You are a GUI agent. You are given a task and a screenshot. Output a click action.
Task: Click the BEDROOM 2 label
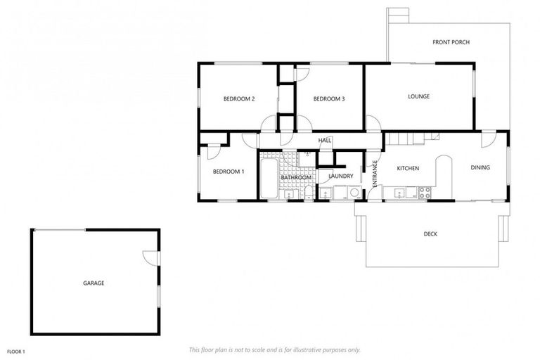(238, 98)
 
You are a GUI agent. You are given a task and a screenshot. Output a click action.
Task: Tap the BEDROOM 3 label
(328, 98)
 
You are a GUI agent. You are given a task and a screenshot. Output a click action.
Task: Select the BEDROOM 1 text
(228, 172)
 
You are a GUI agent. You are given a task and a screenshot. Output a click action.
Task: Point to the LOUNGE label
(418, 96)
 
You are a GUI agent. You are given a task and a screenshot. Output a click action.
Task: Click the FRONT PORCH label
(451, 42)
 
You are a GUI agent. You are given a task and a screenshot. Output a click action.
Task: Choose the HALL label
(325, 141)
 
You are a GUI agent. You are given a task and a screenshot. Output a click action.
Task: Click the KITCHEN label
(408, 169)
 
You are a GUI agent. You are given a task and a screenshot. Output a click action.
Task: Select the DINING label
(480, 167)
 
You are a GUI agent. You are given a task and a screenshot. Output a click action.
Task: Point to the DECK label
(430, 234)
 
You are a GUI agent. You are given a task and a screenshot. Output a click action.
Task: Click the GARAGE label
(94, 283)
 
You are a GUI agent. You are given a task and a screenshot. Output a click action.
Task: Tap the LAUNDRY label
(340, 176)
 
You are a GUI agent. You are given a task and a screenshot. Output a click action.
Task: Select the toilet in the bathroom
(307, 192)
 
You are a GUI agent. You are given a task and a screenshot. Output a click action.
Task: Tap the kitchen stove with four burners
(423, 191)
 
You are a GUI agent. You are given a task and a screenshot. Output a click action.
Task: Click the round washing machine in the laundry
(355, 192)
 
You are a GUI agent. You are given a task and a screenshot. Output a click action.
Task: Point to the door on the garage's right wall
(150, 258)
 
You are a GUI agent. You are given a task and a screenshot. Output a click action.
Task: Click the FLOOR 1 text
(16, 350)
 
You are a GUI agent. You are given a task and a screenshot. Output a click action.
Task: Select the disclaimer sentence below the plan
(275, 349)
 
